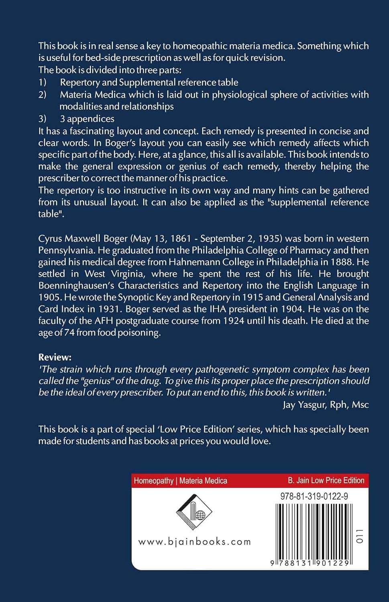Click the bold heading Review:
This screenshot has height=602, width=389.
(x=55, y=357)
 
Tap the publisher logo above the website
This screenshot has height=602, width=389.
(x=194, y=512)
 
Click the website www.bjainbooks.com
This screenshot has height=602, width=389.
(x=194, y=542)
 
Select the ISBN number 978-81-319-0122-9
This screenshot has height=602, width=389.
(x=314, y=496)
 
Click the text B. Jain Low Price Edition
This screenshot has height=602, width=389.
(x=326, y=480)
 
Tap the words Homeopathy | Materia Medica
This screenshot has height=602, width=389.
(x=180, y=481)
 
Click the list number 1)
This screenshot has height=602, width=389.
(x=43, y=82)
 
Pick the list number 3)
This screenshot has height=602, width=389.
(x=43, y=119)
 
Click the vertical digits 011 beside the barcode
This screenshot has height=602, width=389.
(x=360, y=536)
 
